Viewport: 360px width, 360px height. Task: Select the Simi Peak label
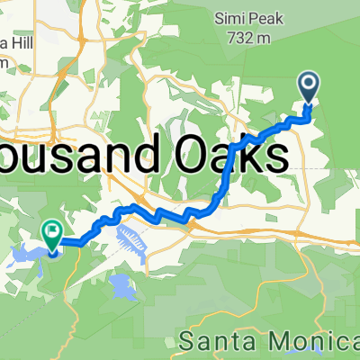click(235, 17)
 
